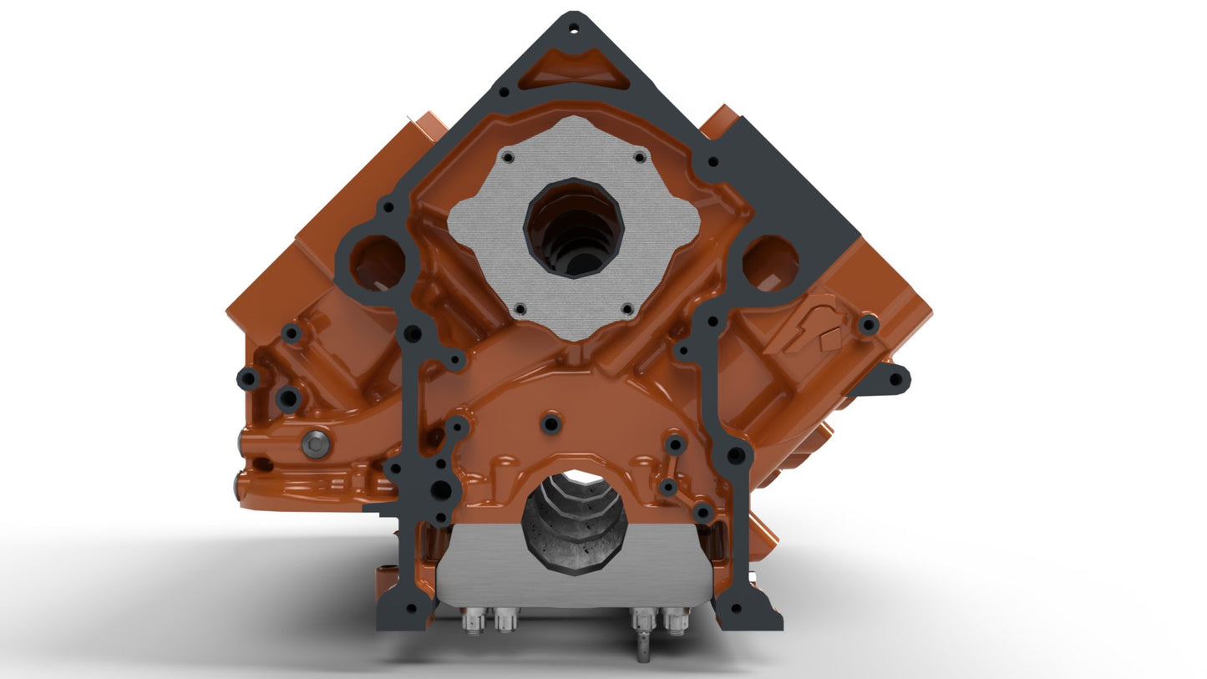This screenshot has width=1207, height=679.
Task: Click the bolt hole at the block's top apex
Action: [x=573, y=28]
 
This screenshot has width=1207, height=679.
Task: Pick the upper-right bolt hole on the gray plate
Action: [x=639, y=156]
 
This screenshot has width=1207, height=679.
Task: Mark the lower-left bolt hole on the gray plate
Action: [x=520, y=309]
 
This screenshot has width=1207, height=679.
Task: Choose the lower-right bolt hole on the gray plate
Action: [x=627, y=310]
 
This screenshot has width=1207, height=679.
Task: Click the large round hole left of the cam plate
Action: [x=377, y=263]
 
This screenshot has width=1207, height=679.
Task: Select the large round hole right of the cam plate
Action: [x=769, y=263]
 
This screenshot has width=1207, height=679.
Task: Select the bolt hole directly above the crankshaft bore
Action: [x=550, y=423]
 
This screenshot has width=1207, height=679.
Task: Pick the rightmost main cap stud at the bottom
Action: [x=675, y=621]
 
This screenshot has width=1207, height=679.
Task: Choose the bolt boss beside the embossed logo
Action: [x=869, y=324]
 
